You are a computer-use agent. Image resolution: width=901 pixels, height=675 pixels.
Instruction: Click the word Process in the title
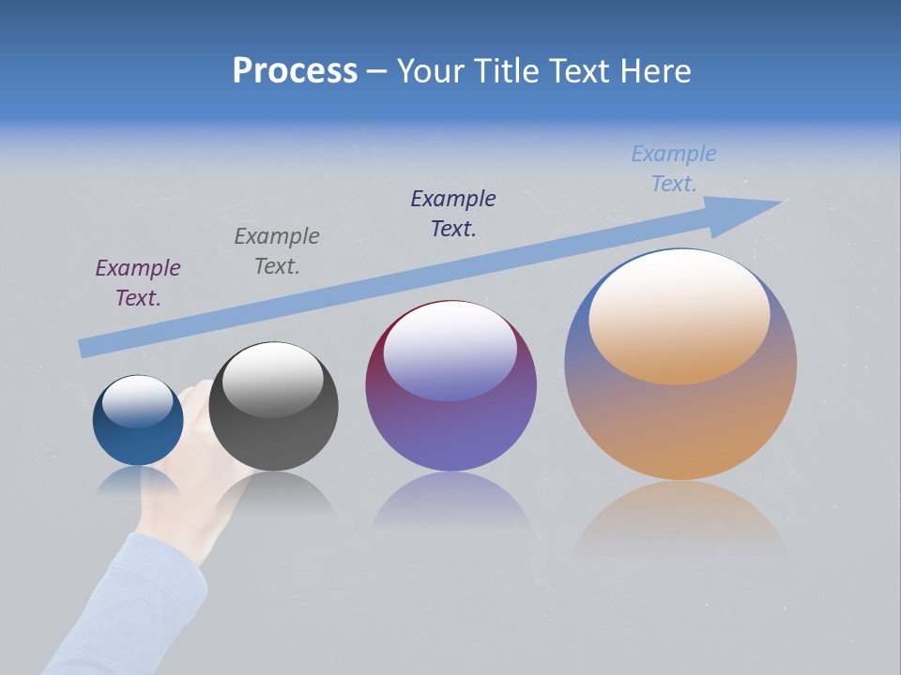(295, 71)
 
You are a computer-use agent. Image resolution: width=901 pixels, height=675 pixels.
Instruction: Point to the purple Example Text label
(138, 283)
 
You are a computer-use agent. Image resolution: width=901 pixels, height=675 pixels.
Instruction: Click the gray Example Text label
(277, 251)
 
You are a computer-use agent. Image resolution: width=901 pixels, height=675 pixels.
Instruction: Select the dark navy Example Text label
(453, 214)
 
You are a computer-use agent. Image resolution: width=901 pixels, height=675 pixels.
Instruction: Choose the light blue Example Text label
(674, 169)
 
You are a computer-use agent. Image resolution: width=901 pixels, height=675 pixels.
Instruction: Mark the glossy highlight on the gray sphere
(272, 379)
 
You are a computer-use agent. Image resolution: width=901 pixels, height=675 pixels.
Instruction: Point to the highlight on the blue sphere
(138, 400)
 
